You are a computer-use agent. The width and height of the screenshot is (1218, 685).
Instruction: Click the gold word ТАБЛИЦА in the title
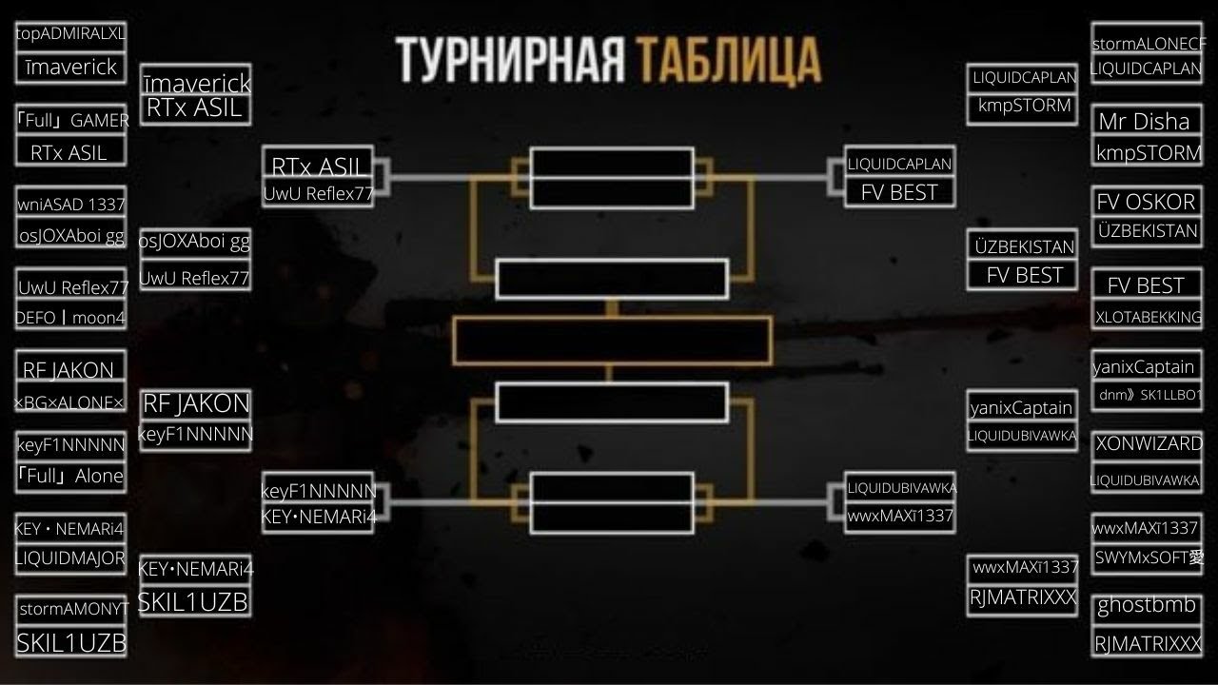[x=729, y=60]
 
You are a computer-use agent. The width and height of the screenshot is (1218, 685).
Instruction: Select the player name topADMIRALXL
[x=70, y=33]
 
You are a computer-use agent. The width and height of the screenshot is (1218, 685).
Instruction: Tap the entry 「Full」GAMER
[x=72, y=120]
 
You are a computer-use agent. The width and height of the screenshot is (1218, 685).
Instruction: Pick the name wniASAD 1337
[x=70, y=204]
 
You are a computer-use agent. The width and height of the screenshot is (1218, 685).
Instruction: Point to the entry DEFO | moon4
[x=70, y=318]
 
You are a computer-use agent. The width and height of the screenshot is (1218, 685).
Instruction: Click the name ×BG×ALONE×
[x=70, y=403]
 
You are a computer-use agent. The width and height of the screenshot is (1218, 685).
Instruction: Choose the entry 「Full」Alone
[x=70, y=476]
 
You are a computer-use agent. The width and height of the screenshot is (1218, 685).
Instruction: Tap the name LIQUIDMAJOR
[x=70, y=558]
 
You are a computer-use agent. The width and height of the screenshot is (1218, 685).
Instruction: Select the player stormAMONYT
[x=72, y=609]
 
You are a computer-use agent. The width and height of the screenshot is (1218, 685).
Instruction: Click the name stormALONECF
[x=1149, y=44]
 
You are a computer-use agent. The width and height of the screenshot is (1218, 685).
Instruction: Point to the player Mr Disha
[x=1144, y=121]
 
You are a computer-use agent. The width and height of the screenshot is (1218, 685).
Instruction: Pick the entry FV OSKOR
[x=1146, y=202]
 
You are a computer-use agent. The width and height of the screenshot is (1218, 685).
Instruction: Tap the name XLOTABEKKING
[x=1148, y=317]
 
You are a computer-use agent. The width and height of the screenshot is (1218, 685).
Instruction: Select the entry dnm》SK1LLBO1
[x=1150, y=395]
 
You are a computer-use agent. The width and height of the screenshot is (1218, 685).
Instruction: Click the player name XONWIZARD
[x=1149, y=443]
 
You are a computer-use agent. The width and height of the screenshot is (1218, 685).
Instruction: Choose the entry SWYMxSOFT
[x=1149, y=558]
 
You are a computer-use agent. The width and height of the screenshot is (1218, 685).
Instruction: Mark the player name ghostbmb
[x=1147, y=605]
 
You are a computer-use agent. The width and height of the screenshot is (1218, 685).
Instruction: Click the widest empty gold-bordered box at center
[x=611, y=341]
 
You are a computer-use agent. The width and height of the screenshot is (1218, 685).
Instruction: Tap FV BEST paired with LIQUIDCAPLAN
[x=899, y=192]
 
